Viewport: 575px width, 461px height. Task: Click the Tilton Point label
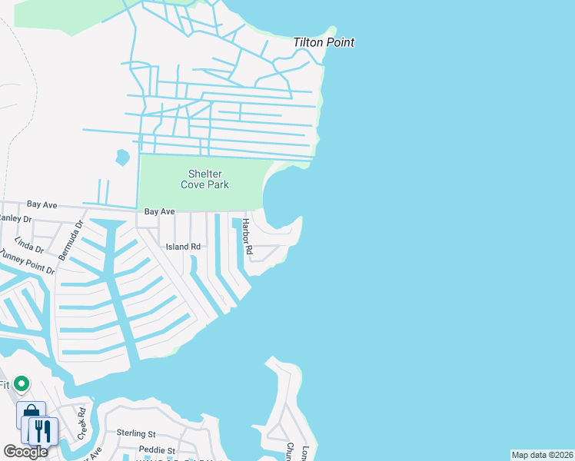point(324,42)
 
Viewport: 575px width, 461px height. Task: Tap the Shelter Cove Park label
point(204,180)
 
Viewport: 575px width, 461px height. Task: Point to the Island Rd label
point(184,247)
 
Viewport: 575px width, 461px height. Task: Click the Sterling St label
point(136,434)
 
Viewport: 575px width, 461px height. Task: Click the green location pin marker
point(22,383)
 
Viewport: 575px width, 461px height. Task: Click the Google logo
point(25,452)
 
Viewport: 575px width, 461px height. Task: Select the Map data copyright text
point(543,455)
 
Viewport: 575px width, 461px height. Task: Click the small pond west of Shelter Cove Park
point(121,158)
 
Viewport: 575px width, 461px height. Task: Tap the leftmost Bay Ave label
point(42,204)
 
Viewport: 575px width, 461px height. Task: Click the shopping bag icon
point(31,415)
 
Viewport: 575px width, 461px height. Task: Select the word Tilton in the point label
point(309,42)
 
